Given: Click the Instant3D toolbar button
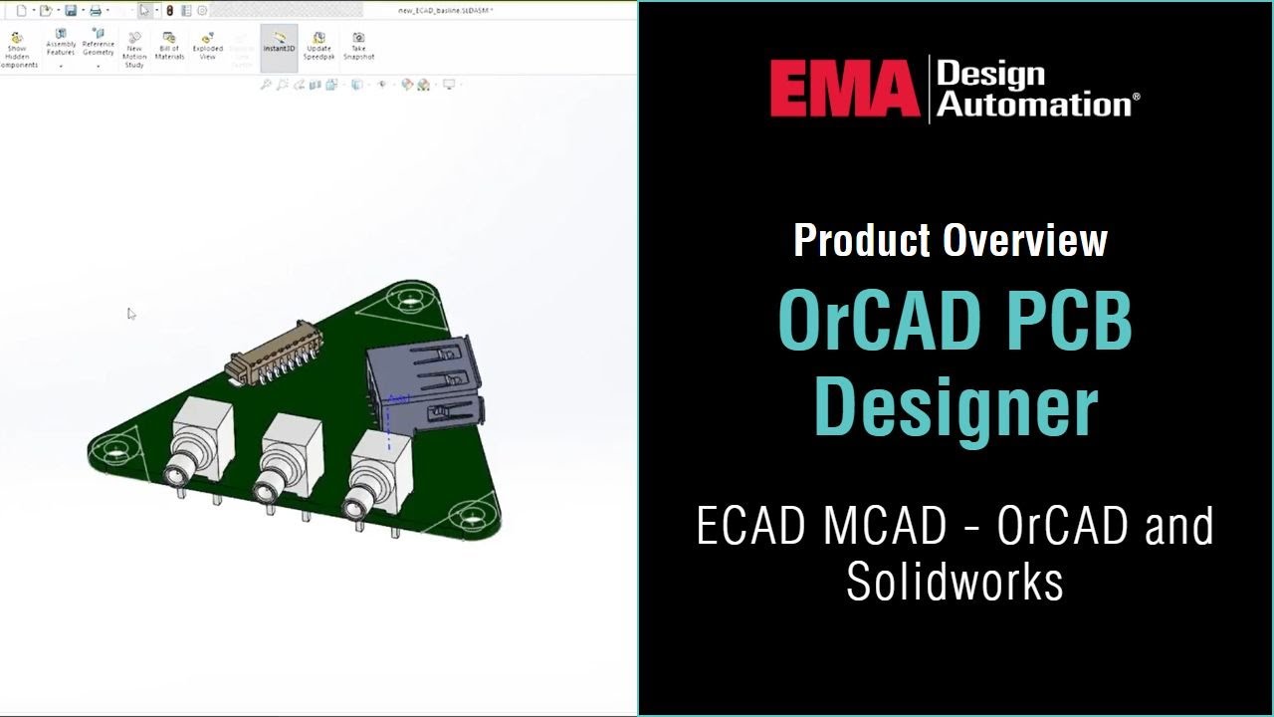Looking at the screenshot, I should coord(279,44).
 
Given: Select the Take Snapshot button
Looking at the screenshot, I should coord(358,45).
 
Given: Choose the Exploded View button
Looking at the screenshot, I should coord(207,45).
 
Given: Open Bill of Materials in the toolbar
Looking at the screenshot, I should coord(169,45).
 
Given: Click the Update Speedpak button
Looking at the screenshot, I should coord(318,45).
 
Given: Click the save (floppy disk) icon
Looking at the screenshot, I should coord(71,11).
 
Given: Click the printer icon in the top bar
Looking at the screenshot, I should coord(96,11).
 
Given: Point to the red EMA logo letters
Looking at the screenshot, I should coord(844,88).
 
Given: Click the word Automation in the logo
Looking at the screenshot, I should coord(1035,104).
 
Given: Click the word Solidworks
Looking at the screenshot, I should coord(955,582).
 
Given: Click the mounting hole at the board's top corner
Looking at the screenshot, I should coord(409,297).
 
